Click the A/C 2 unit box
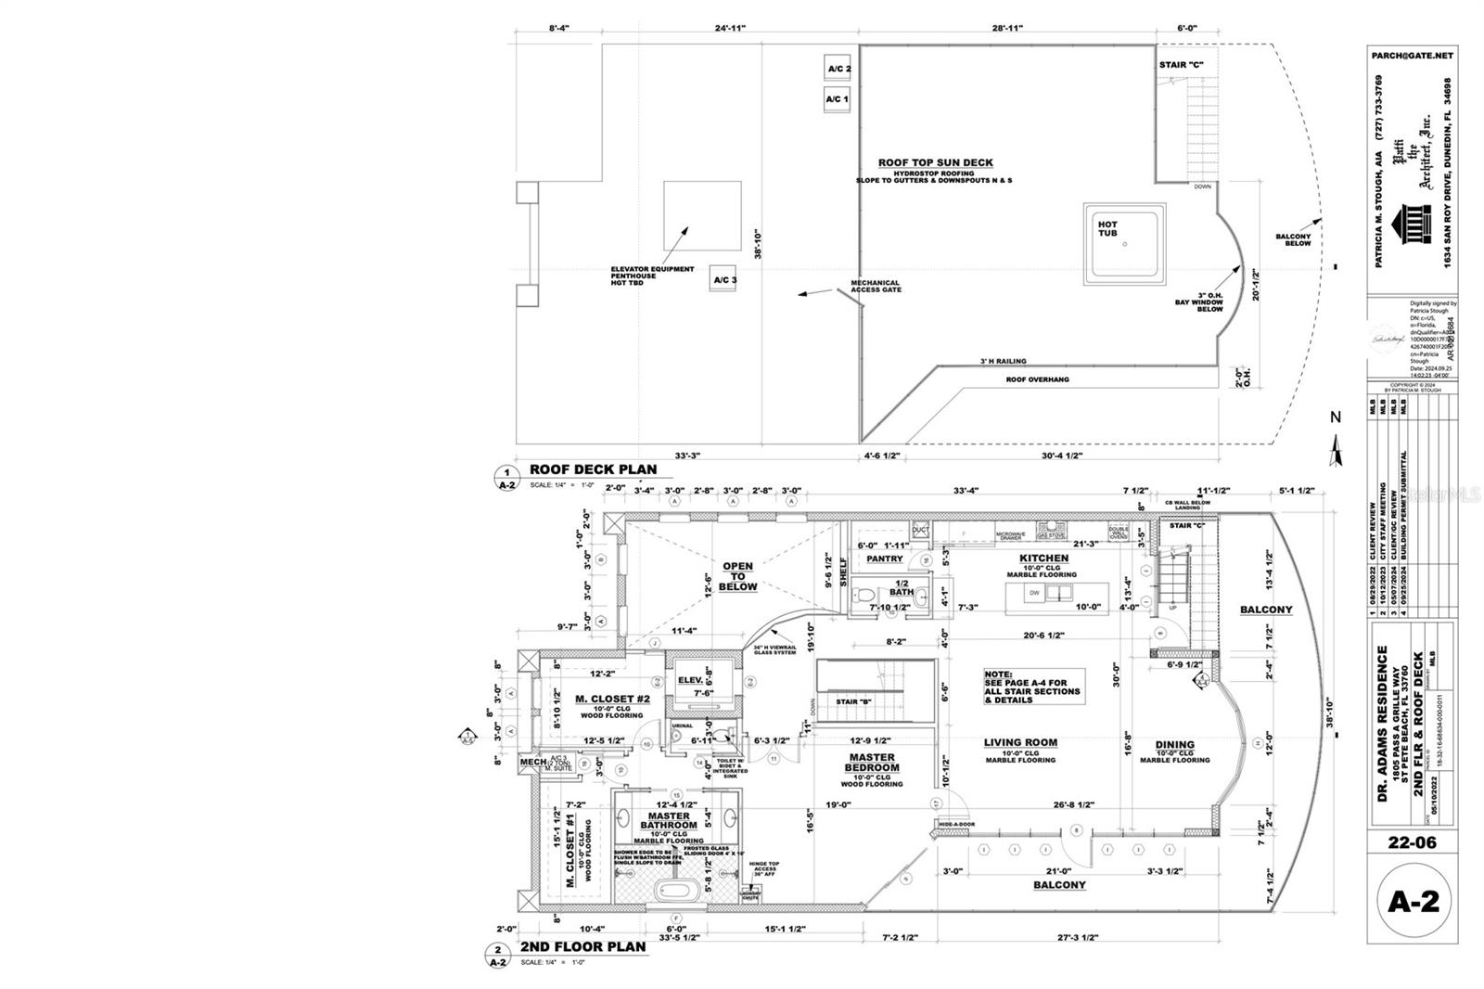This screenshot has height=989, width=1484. pyautogui.click(x=838, y=69)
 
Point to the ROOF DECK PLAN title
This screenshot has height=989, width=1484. pyautogui.click(x=593, y=469)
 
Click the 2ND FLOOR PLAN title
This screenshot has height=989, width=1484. pyautogui.click(x=582, y=947)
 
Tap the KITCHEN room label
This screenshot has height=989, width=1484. pyautogui.click(x=1044, y=559)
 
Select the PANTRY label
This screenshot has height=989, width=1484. pyautogui.click(x=884, y=559)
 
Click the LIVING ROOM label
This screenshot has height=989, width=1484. pyautogui.click(x=1020, y=742)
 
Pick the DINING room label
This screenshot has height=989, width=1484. pyautogui.click(x=1174, y=744)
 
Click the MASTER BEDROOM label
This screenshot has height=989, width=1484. pyautogui.click(x=872, y=763)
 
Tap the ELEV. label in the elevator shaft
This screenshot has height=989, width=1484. pyautogui.click(x=690, y=680)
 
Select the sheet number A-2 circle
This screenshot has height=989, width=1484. pyautogui.click(x=1413, y=901)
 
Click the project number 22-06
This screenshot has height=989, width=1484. pyautogui.click(x=1412, y=842)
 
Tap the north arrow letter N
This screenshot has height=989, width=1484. pyautogui.click(x=1336, y=417)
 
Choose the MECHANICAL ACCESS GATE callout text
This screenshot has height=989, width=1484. pyautogui.click(x=876, y=287)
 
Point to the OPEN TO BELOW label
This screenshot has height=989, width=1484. pyautogui.click(x=737, y=576)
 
